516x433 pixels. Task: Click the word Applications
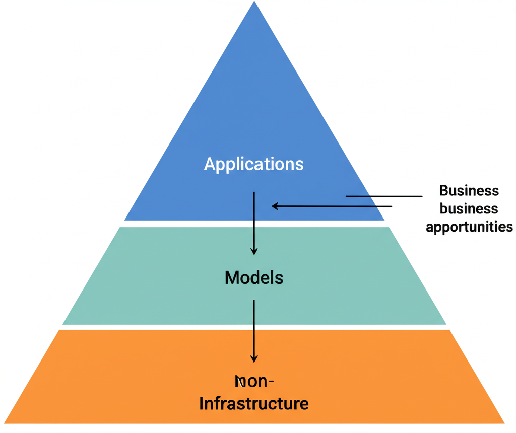tap(253, 164)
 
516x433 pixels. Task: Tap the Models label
tap(253, 277)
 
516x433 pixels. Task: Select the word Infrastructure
tap(253, 403)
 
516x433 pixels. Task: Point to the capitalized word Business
tap(469, 191)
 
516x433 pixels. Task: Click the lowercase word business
tap(469, 208)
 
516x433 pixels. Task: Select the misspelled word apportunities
tap(469, 227)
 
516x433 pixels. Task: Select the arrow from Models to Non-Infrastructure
tap(254, 330)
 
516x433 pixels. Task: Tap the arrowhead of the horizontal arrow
tap(275, 206)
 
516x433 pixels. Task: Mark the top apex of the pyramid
tap(254, 2)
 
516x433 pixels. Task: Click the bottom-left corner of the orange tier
tap(5, 422)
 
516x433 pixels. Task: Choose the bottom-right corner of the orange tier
tap(504, 422)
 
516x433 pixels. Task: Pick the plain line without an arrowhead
tap(383, 196)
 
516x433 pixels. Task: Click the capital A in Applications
tap(209, 164)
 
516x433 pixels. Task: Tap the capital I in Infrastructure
tap(202, 403)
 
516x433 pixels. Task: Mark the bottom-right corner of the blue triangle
tap(384, 220)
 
